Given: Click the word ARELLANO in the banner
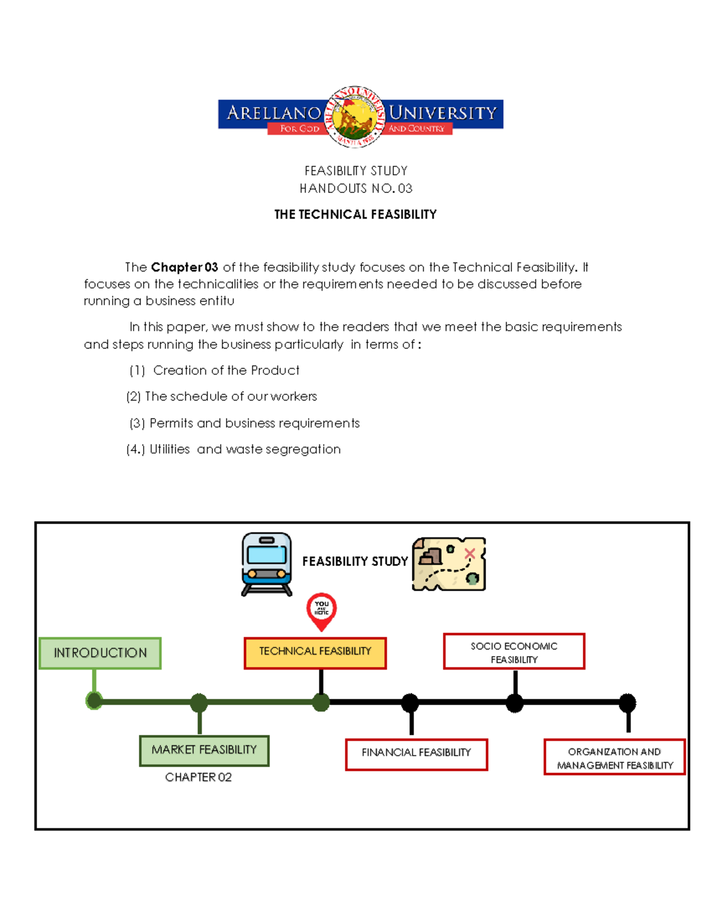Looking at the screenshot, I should coord(274,112).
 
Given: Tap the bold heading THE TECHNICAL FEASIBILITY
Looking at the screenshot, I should coord(355,214).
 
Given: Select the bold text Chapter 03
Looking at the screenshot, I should coord(185,267).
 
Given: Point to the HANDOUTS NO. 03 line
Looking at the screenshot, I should coord(355,189).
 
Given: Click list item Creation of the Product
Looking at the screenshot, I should coord(226,370).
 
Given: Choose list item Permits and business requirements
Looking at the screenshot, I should coord(255,423).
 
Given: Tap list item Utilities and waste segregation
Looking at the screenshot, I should coord(245,449).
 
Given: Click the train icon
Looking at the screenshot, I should coord(267,564).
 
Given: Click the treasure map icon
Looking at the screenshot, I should coord(449,564).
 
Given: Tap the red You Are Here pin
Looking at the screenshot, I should coord(322,610).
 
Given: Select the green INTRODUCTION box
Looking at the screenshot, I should coord(100,653).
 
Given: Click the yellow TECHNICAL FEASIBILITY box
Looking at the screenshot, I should coord(315,652).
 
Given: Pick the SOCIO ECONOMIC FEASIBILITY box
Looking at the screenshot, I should coord(514,652).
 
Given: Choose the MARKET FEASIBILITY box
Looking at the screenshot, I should coord(204,750).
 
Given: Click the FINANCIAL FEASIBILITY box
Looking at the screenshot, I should coord(417,754).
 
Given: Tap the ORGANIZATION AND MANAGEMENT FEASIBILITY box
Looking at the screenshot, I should coord(615,758).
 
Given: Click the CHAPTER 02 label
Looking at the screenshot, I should coord(198,777).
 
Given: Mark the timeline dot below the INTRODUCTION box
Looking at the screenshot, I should coord(94,701).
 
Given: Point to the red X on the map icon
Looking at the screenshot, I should coord(470,554).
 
